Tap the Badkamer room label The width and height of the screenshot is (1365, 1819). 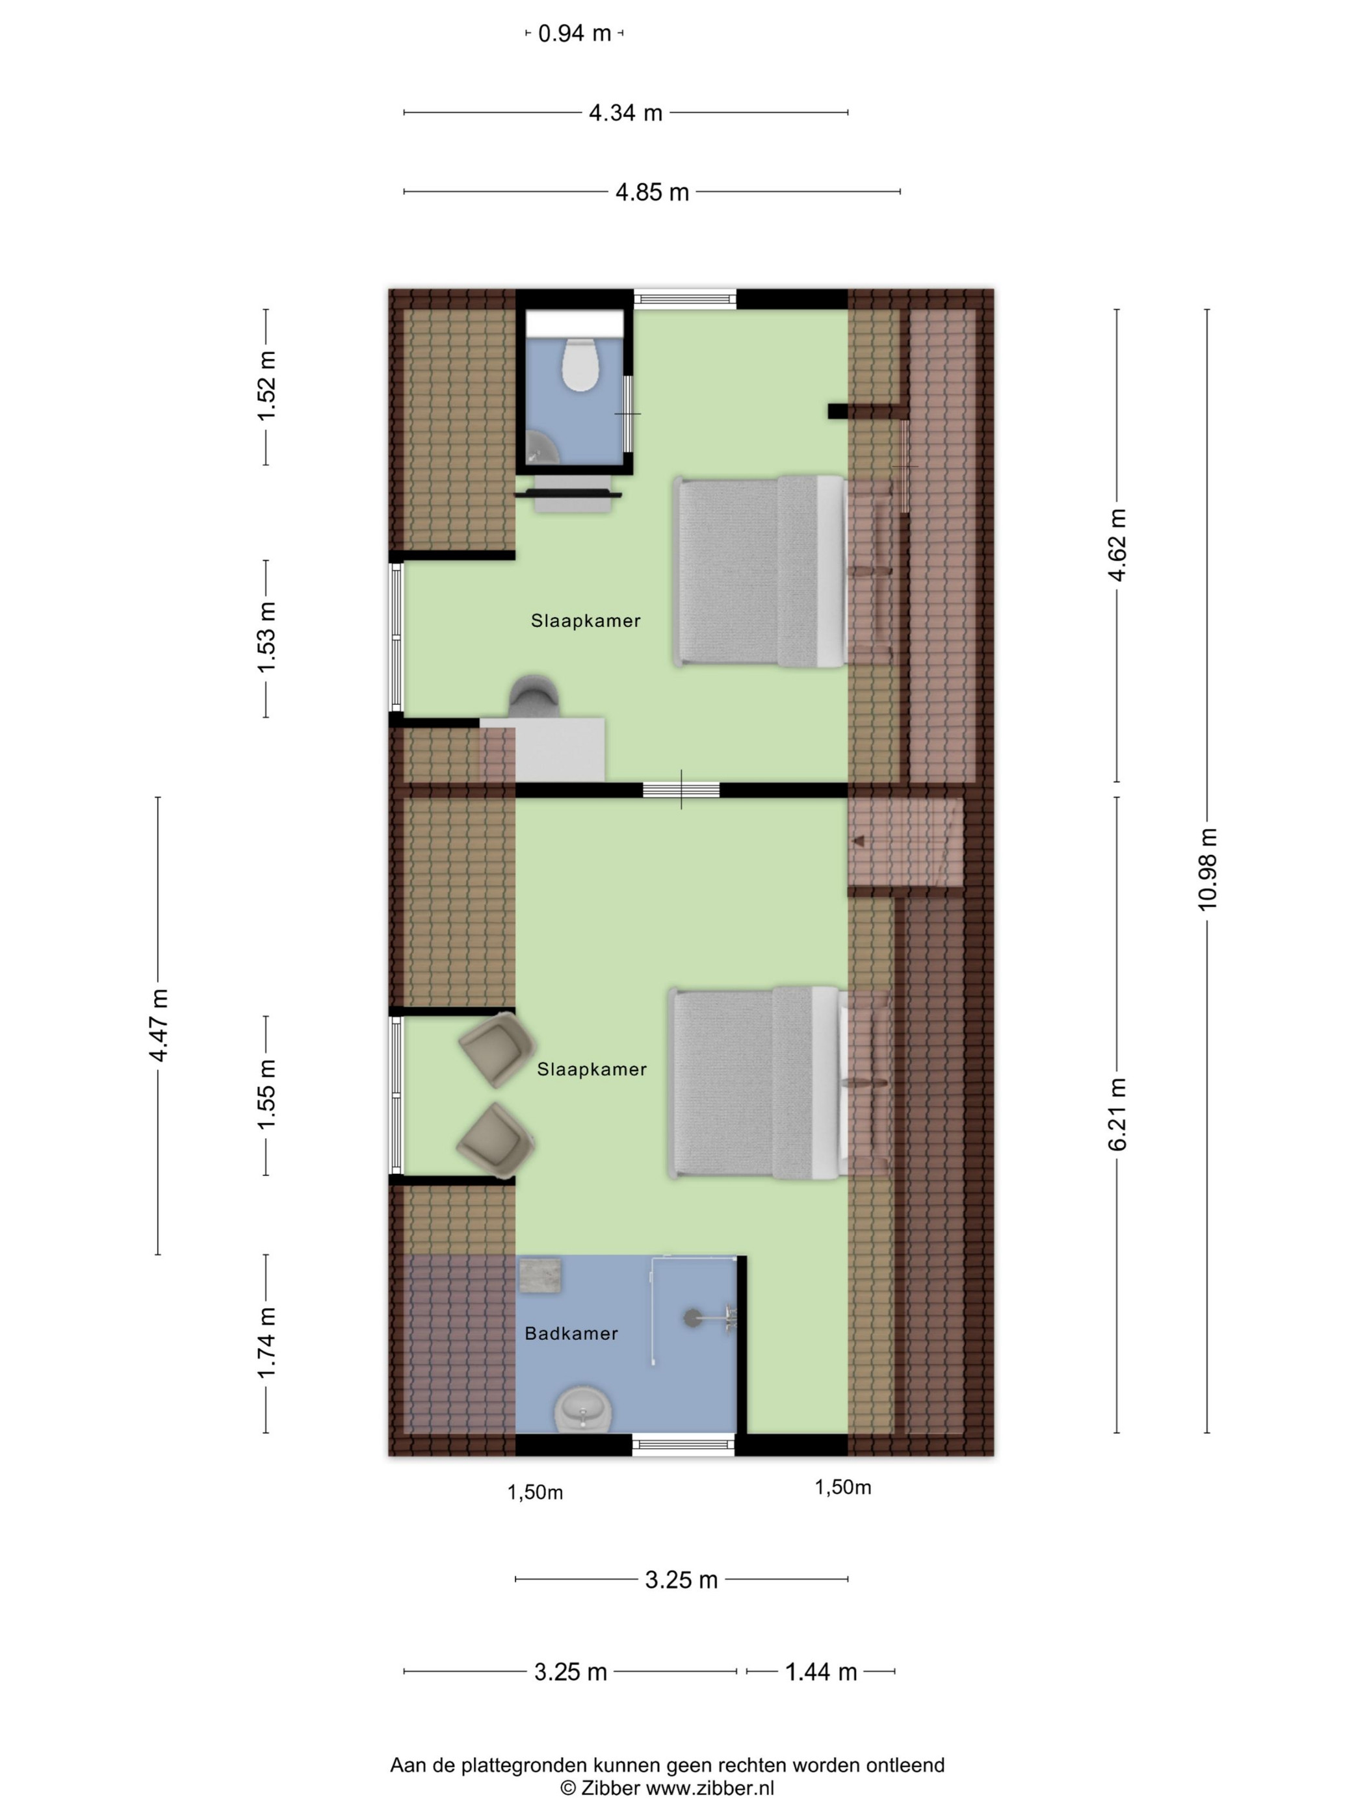tap(571, 1333)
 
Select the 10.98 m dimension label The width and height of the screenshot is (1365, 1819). tap(1207, 869)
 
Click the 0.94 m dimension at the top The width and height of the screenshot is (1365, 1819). tap(575, 33)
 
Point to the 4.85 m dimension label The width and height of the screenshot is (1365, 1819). tap(653, 192)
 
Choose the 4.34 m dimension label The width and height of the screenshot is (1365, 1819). tap(625, 112)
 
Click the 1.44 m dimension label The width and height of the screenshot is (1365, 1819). tap(821, 1672)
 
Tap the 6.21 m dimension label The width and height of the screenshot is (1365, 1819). tap(1117, 1114)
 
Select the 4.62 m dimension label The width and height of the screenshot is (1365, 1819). tap(1117, 545)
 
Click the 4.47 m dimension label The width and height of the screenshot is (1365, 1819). tap(158, 1025)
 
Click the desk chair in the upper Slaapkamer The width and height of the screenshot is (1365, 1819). tap(535, 696)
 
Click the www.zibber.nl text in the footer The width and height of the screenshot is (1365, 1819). tap(709, 1788)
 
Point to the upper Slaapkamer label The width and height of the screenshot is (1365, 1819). tap(585, 621)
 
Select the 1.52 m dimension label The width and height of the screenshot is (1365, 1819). tap(266, 386)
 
